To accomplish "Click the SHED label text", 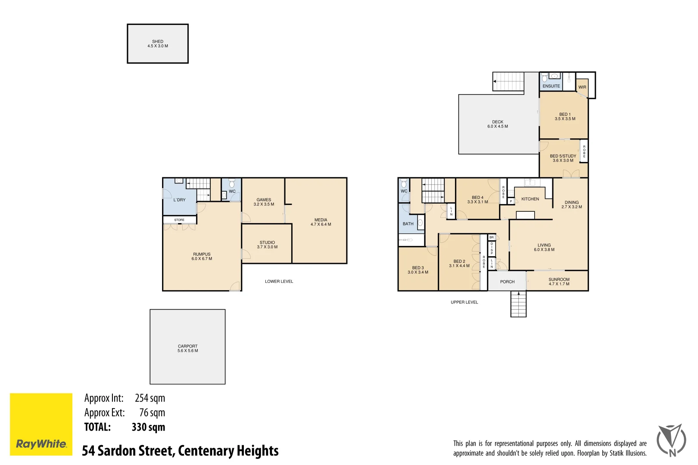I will (158, 42).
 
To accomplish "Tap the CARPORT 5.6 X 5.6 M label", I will (188, 348).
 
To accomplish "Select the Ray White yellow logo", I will (41, 424).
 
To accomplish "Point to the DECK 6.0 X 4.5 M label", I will (498, 124).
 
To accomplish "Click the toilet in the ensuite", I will (545, 77).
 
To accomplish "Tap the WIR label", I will (582, 87).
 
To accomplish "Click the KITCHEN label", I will (530, 199).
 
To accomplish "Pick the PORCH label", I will (507, 282).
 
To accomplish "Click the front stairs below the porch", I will (518, 304).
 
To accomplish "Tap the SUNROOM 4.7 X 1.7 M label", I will (559, 282).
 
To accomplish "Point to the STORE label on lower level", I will (179, 220).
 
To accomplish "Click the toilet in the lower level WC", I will (232, 184).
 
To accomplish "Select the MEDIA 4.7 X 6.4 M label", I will (321, 222).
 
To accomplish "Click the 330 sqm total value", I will (148, 427).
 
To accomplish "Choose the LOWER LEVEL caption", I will (279, 282).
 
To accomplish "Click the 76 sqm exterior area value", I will (152, 412).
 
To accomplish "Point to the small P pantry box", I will (511, 201).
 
